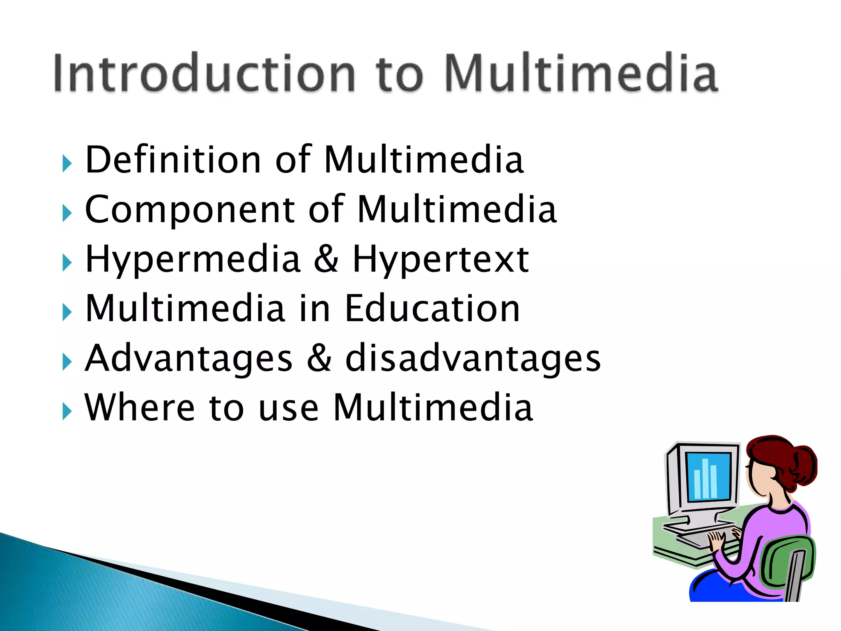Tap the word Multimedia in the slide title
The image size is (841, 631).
(581, 73)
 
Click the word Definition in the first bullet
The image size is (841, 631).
(173, 160)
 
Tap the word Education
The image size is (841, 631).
(432, 309)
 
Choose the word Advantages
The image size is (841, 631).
(188, 359)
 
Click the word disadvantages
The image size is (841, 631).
(473, 359)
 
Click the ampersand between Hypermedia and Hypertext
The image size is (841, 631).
(326, 259)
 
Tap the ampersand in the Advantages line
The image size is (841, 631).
(319, 358)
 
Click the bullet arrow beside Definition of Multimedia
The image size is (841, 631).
(67, 164)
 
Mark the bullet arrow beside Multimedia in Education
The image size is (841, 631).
(67, 313)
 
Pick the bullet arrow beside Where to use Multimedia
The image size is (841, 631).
(67, 412)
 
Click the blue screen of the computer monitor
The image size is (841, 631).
(708, 477)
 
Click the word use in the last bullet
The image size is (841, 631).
(289, 408)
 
